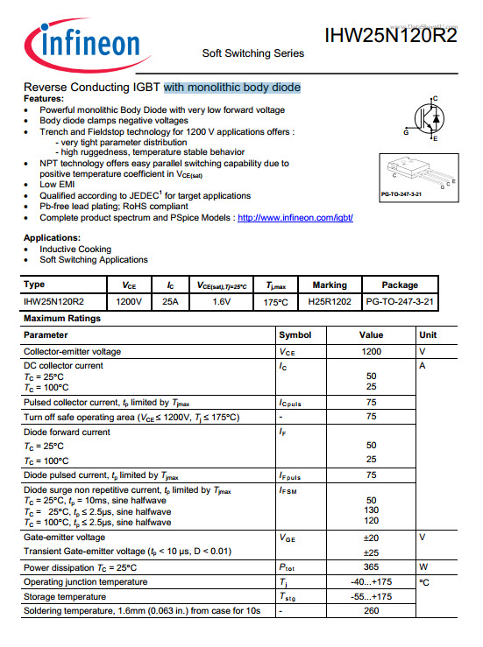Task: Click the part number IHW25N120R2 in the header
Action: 390,35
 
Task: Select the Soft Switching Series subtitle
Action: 253,53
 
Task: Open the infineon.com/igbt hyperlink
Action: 295,217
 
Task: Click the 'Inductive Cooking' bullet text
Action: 75,249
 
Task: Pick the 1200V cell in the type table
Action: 129,301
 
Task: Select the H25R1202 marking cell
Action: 330,301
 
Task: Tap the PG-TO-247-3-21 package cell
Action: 400,301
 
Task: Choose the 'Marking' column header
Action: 330,285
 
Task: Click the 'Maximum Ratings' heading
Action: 61,319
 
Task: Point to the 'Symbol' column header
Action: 295,335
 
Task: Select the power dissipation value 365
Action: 371,567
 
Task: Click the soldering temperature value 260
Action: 371,610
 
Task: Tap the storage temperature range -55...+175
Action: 371,596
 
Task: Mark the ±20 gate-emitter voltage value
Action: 371,537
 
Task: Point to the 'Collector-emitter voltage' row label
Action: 73,351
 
